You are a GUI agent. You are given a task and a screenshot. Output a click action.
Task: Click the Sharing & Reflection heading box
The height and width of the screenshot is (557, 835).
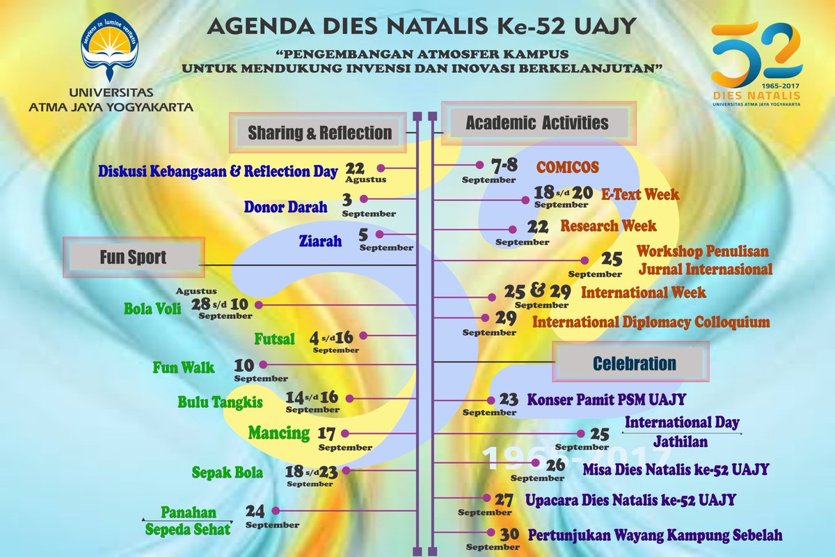[319, 132]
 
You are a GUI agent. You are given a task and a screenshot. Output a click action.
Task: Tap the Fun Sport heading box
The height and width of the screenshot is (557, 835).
[133, 258]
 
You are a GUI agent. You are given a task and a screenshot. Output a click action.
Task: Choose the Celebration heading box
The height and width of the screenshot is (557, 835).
[634, 363]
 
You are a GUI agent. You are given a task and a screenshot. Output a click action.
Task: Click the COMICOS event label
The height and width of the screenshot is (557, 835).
[567, 168]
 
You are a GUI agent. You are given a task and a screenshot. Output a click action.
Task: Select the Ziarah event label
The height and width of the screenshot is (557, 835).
[320, 241]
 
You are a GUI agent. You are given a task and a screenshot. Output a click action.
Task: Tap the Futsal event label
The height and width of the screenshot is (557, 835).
[274, 339]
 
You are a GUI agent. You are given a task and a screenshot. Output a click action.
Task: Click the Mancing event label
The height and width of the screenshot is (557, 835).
[278, 433]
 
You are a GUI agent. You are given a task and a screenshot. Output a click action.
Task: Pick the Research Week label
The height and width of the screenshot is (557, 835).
[608, 226]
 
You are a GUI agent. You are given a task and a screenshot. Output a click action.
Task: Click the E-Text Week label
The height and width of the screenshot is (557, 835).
[640, 194]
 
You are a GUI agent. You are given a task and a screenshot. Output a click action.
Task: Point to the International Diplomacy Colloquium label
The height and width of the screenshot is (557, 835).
[651, 322]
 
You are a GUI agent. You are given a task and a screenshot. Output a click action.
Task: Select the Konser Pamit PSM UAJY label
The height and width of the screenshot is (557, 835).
[607, 400]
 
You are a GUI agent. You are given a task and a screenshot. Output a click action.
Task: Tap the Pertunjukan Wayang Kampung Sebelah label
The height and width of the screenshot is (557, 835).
[655, 535]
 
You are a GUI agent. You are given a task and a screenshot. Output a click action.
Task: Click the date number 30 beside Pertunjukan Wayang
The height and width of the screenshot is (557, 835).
[509, 535]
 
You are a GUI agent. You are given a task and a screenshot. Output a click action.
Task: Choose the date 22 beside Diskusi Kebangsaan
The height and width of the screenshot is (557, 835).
[355, 168]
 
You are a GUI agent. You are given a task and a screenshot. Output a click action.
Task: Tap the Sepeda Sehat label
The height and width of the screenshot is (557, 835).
[187, 529]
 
